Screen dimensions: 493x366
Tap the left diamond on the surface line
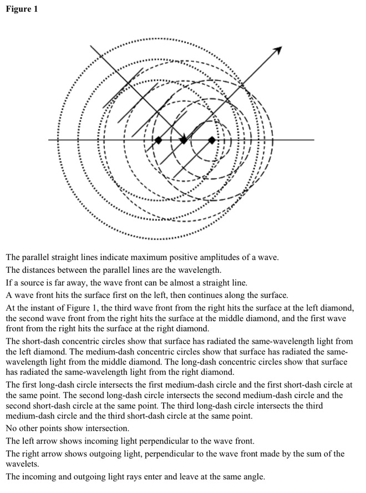(x=158, y=140)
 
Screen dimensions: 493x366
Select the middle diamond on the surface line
(x=184, y=140)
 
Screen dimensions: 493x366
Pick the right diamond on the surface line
(x=211, y=140)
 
